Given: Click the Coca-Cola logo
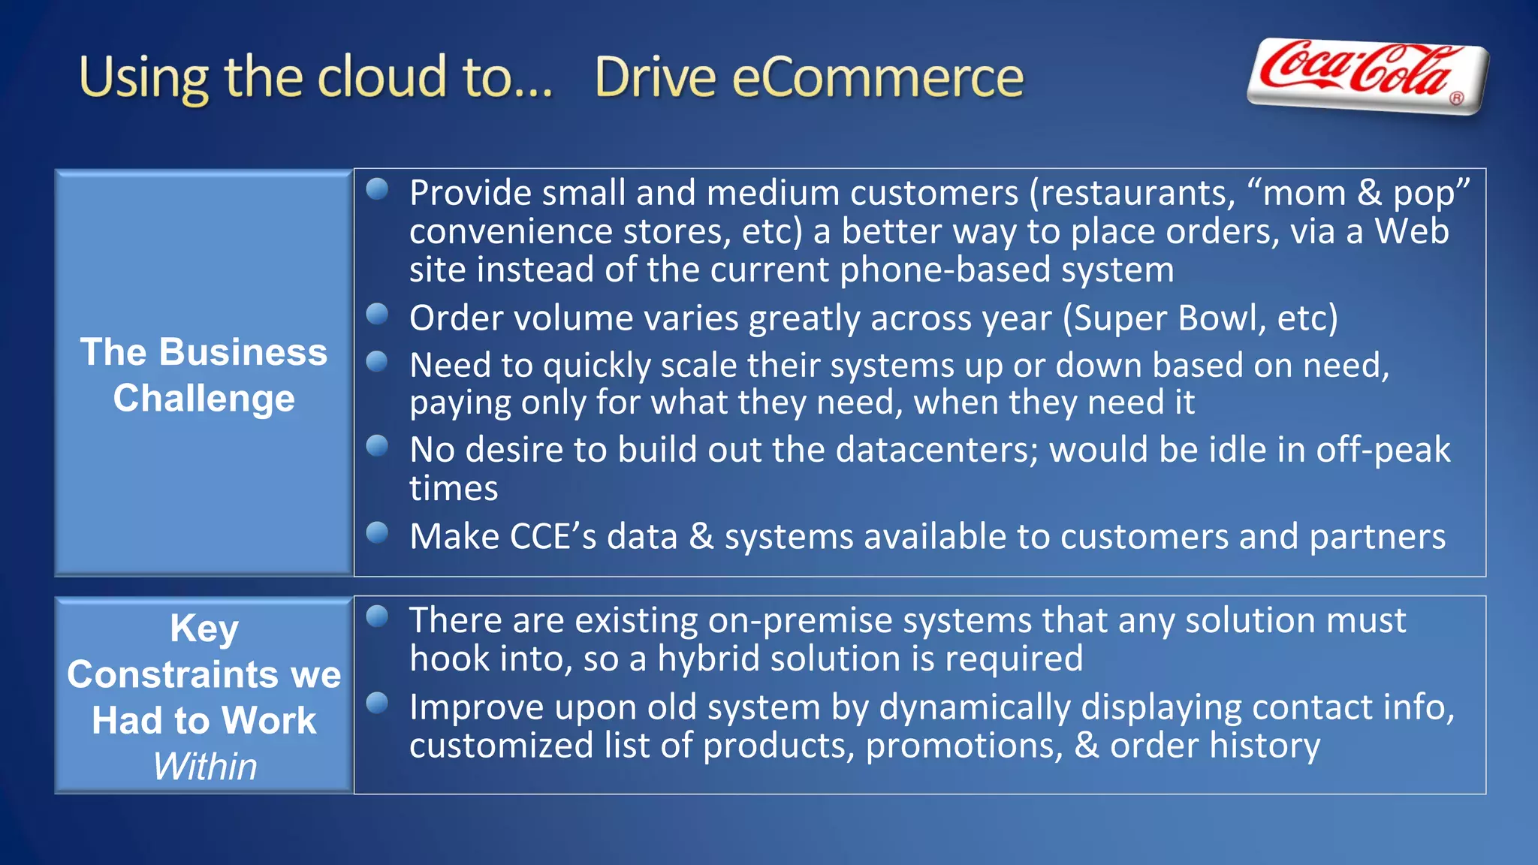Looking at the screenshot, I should click(1367, 75).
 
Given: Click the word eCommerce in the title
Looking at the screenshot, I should click(877, 78).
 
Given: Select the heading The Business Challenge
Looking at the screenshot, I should click(204, 374).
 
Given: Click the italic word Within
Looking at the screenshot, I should click(204, 767).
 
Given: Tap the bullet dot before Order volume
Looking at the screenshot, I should click(377, 314).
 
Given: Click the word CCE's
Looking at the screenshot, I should click(553, 537).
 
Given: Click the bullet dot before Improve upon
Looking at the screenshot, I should click(377, 703).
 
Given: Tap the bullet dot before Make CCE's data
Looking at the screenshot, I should click(377, 532).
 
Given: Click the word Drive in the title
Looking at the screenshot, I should click(655, 78).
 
